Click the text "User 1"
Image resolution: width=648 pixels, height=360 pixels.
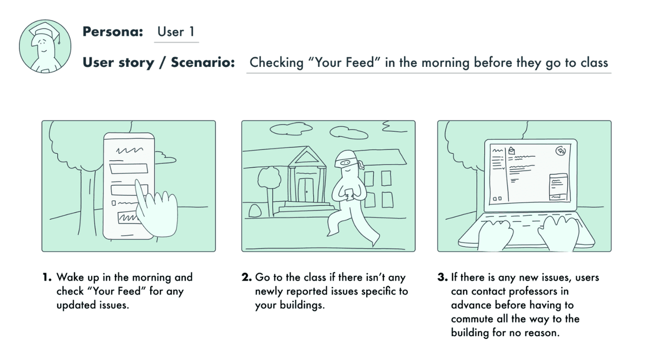tap(175, 32)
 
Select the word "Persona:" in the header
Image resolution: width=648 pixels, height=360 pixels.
tap(112, 32)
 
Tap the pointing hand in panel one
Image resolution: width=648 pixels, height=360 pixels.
tap(155, 210)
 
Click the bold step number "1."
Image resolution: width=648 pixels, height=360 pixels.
tap(48, 277)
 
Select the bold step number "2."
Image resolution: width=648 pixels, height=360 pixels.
tap(246, 277)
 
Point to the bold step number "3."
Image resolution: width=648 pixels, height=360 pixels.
tap(442, 277)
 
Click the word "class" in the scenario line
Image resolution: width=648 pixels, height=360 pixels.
tap(594, 62)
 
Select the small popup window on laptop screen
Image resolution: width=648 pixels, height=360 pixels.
tap(559, 187)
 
